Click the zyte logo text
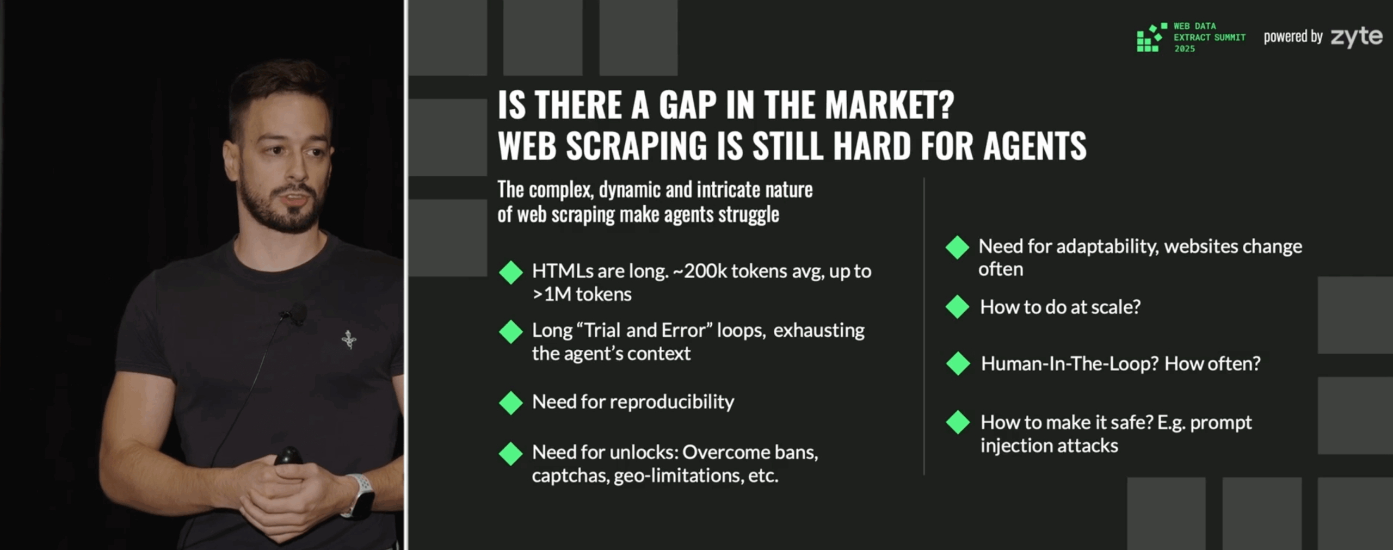click(1356, 37)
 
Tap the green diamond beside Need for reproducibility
click(510, 403)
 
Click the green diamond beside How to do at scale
click(957, 307)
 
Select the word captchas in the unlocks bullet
click(570, 476)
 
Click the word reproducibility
click(672, 402)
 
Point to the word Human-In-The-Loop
click(1070, 363)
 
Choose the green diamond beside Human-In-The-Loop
click(958, 364)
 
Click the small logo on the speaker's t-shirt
click(349, 339)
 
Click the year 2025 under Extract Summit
click(1184, 49)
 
